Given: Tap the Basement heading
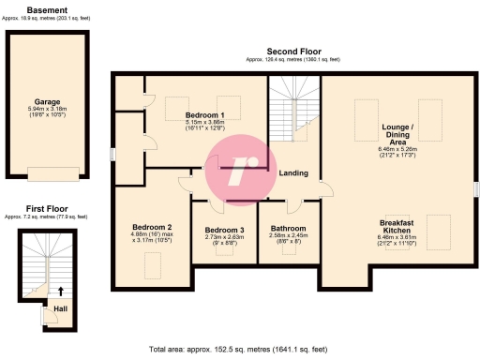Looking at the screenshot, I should (46, 9).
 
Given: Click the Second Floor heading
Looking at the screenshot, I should (293, 52).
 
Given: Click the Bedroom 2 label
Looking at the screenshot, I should (152, 227).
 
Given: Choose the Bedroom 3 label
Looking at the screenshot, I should (224, 231).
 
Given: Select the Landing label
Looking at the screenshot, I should (293, 172).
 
